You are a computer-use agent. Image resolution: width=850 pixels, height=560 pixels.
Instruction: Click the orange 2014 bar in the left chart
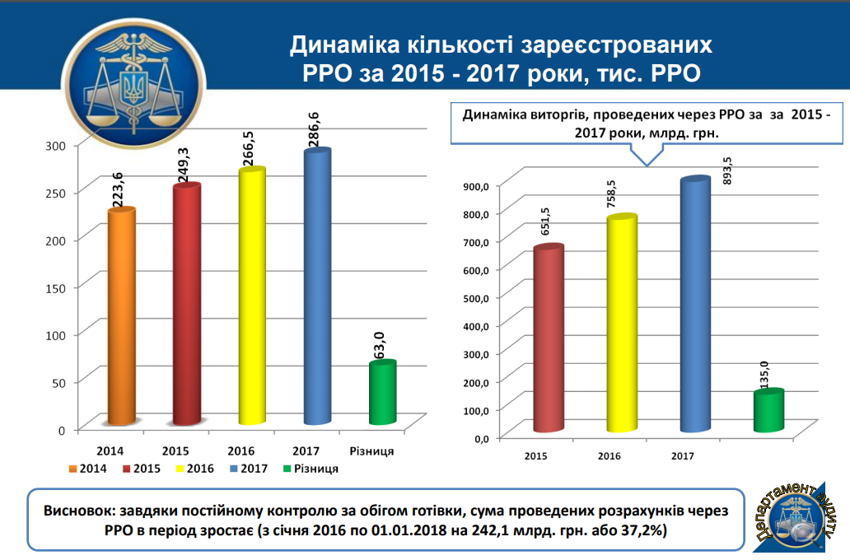click(120, 317)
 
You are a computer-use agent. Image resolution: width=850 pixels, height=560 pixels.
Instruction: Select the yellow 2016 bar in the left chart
click(251, 296)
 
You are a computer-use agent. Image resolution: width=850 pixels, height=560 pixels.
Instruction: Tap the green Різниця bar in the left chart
click(382, 394)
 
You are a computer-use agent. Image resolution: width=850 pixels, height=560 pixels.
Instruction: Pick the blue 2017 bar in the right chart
click(695, 305)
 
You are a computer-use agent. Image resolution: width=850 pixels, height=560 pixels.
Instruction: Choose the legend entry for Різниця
click(310, 469)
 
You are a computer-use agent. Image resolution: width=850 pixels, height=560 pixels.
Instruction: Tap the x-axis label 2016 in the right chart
click(609, 455)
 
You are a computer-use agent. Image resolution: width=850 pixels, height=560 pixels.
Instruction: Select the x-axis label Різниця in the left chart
click(371, 451)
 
